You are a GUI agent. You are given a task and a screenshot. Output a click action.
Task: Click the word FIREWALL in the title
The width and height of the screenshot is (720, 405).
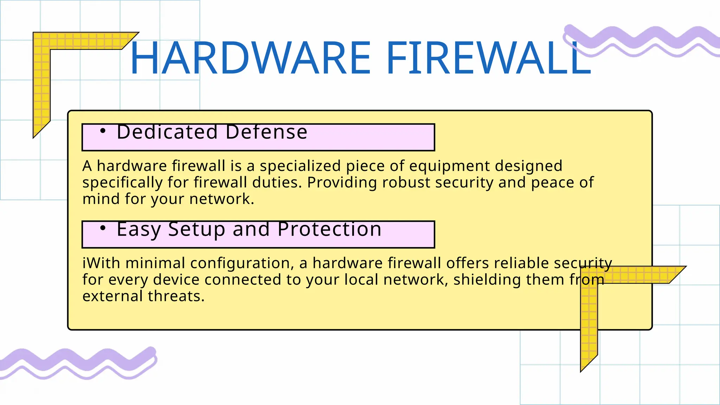tap(489, 58)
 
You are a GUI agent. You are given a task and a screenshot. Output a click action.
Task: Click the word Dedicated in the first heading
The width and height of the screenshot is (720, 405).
tap(167, 132)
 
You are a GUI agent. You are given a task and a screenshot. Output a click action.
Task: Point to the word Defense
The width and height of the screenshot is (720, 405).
tap(266, 132)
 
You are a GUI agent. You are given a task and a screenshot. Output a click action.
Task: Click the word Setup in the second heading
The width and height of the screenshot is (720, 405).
tap(197, 230)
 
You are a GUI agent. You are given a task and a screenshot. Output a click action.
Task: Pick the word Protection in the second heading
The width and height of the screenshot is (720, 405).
tap(329, 230)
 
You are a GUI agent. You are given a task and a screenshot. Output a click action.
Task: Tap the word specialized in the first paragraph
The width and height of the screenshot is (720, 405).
tap(300, 166)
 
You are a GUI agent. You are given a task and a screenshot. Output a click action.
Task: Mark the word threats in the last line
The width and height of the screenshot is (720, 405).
tap(176, 296)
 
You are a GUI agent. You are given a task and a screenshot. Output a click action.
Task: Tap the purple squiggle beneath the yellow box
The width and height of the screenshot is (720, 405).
tap(77, 362)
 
